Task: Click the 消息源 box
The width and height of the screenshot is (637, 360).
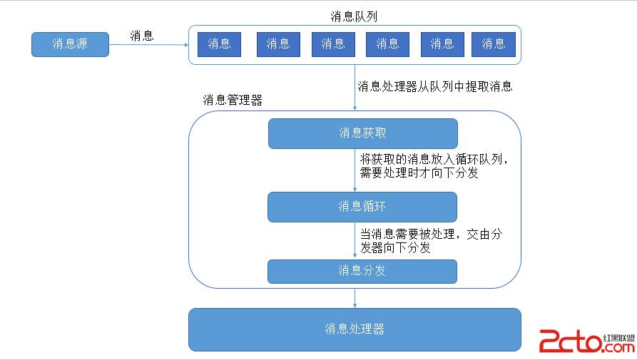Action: [x=70, y=44]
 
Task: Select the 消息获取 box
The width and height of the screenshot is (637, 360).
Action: [x=362, y=133]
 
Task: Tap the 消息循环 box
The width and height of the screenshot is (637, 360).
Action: [x=362, y=207]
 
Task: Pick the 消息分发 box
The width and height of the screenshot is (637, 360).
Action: [x=362, y=271]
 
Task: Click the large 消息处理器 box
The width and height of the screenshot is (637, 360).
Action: [x=355, y=329]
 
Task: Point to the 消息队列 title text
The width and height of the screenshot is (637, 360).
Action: [x=354, y=16]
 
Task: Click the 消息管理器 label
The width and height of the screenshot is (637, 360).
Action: [x=233, y=101]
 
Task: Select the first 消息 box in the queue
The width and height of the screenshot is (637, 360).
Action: [x=219, y=44]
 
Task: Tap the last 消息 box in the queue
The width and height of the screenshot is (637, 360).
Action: [x=493, y=44]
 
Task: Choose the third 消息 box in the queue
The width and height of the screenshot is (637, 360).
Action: [x=332, y=44]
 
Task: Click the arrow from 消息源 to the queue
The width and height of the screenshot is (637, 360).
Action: [x=148, y=45]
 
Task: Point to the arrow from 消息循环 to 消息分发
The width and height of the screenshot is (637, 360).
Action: [x=355, y=240]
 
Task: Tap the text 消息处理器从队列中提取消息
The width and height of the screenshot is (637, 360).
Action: [x=434, y=87]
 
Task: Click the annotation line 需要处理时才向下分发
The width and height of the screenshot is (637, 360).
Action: [x=419, y=173]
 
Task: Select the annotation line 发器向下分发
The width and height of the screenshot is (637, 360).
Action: [x=395, y=248]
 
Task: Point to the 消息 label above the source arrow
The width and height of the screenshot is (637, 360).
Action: [x=141, y=36]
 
